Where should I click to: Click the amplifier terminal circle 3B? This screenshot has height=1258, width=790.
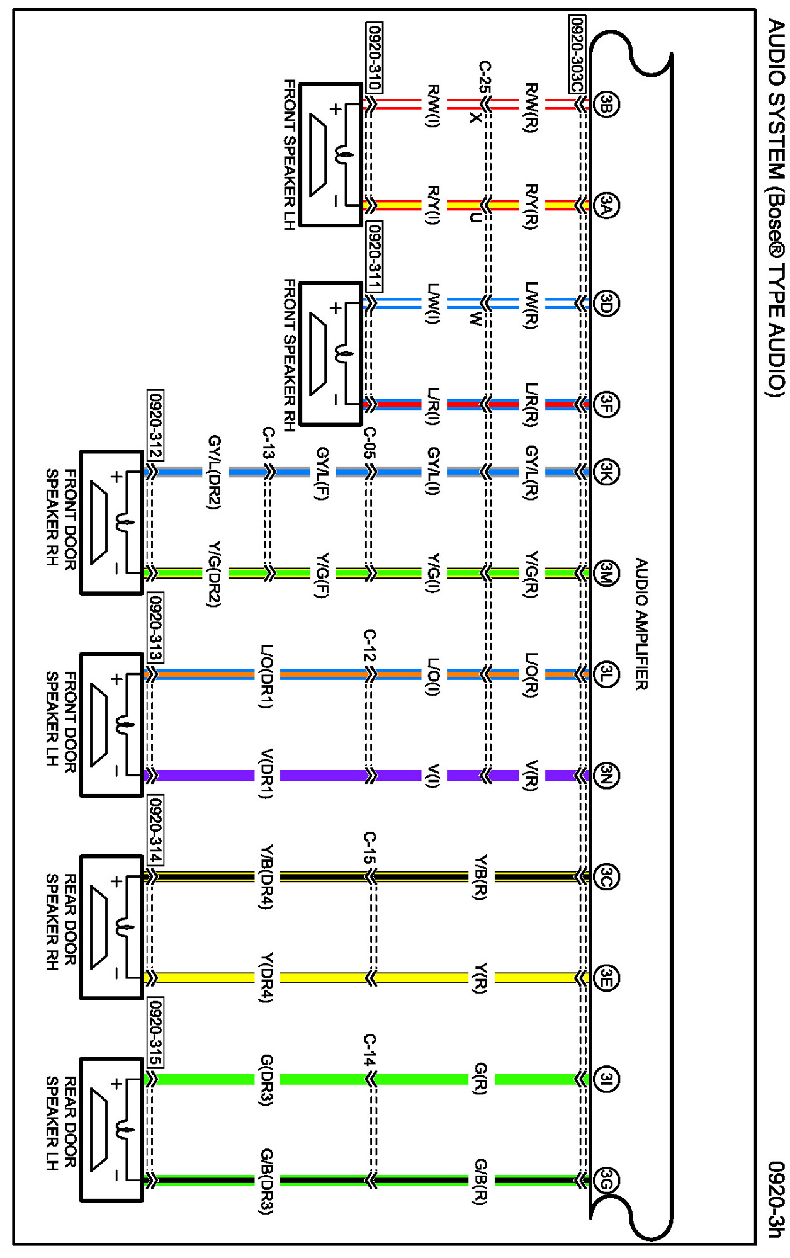pyautogui.click(x=606, y=104)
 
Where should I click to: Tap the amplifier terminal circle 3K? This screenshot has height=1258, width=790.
pyautogui.click(x=606, y=472)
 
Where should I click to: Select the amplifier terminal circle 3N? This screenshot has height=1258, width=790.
pyautogui.click(x=606, y=775)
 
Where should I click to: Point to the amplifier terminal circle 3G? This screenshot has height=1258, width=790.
pyautogui.click(x=606, y=1180)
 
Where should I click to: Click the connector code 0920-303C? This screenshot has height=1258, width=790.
pyautogui.click(x=577, y=55)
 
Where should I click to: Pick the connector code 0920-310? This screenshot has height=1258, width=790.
pyautogui.click(x=374, y=58)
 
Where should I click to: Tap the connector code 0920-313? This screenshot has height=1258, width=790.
pyautogui.click(x=155, y=627)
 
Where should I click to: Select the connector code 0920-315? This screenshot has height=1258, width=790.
pyautogui.click(x=155, y=1032)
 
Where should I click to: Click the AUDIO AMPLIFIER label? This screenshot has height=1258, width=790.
pyautogui.click(x=641, y=623)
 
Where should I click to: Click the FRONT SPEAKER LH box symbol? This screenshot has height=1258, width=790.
pyautogui.click(x=331, y=155)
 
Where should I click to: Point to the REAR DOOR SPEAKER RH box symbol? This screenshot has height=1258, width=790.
pyautogui.click(x=112, y=927)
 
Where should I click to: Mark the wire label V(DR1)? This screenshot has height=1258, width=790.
pyautogui.click(x=267, y=774)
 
